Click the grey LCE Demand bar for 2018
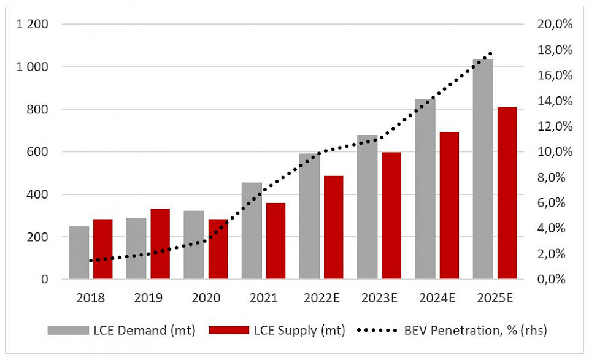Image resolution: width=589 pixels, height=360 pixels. tap(79, 253)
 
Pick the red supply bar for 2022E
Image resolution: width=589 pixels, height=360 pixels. tap(333, 228)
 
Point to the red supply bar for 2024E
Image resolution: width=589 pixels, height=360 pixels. tap(449, 205)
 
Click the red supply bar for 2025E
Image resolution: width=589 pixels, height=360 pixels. tap(507, 193)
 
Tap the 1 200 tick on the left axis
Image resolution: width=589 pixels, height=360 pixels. tap(33, 25)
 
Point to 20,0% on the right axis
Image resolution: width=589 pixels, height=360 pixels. tap(555, 25)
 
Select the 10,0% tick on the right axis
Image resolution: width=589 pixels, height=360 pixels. tap(555, 152)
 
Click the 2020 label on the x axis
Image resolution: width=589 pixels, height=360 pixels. tap(206, 299)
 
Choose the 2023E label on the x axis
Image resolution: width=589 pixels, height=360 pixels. tap(379, 299)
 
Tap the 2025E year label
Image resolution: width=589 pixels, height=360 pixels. tap(495, 299)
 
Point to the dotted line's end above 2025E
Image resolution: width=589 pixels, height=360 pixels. tap(490, 54)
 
